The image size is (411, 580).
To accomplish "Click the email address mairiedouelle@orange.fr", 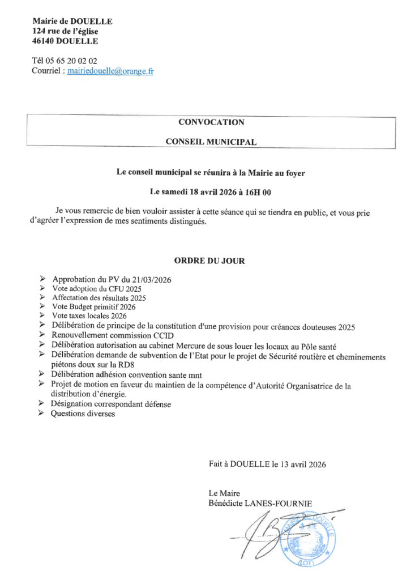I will point(110,71).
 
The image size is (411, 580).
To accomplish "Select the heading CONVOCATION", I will point(211,122).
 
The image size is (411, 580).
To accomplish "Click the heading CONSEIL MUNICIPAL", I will point(211,142).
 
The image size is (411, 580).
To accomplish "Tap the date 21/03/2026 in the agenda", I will point(151,280).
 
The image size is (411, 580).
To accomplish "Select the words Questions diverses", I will point(83,414).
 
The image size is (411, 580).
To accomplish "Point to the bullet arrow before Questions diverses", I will point(42,414).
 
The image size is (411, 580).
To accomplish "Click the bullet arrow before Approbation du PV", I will point(42,280).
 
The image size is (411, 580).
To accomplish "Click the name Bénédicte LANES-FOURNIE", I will point(260,503).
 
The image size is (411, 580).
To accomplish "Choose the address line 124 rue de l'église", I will point(65,31).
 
